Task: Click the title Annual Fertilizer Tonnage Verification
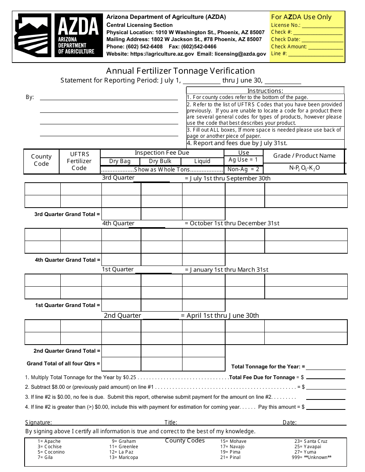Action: (x=180, y=71)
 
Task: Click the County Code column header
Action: (x=41, y=160)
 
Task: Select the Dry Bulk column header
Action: (x=160, y=161)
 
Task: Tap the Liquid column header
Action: (x=202, y=161)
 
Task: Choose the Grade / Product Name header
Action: (x=304, y=155)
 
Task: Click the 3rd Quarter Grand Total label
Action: (x=67, y=214)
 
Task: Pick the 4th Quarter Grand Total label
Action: (x=67, y=260)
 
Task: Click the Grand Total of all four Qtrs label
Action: (x=63, y=363)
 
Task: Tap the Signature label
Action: (x=38, y=422)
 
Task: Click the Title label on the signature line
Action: (x=171, y=422)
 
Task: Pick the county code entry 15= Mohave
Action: (x=233, y=441)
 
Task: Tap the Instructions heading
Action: (x=265, y=91)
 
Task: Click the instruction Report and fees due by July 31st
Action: (x=237, y=143)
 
